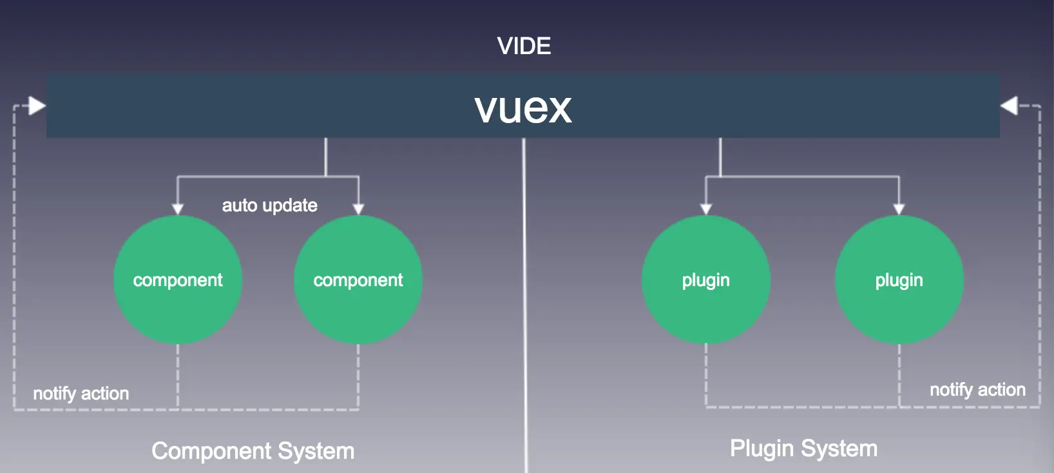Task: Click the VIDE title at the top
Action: [524, 46]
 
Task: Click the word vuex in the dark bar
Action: [523, 108]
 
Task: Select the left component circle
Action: [178, 280]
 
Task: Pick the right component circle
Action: [358, 280]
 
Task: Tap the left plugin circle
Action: [706, 280]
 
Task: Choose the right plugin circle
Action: [899, 280]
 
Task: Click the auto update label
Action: [269, 206]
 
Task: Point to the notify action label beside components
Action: [81, 393]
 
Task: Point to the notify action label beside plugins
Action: [977, 389]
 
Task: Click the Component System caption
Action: [253, 450]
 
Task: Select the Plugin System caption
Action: [803, 448]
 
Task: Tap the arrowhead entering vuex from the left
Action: [37, 106]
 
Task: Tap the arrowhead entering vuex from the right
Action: [1009, 106]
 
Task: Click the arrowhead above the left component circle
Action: [178, 209]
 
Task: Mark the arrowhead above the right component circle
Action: [358, 209]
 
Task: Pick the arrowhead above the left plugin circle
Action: [706, 209]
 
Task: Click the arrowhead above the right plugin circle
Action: [899, 209]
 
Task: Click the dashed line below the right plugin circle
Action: [899, 374]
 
